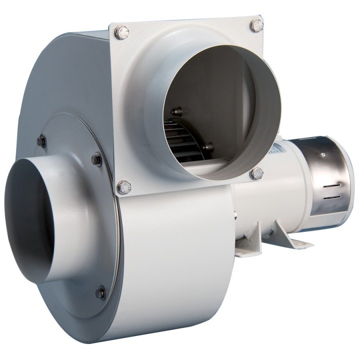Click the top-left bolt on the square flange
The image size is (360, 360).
121,33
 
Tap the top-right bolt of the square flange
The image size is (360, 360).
256,25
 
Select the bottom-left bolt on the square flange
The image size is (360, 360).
123,188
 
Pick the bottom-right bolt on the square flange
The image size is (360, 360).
256,173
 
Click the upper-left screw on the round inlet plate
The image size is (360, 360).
41,141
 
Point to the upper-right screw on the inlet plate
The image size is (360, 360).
96,159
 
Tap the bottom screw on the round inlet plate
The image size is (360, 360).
100,292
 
